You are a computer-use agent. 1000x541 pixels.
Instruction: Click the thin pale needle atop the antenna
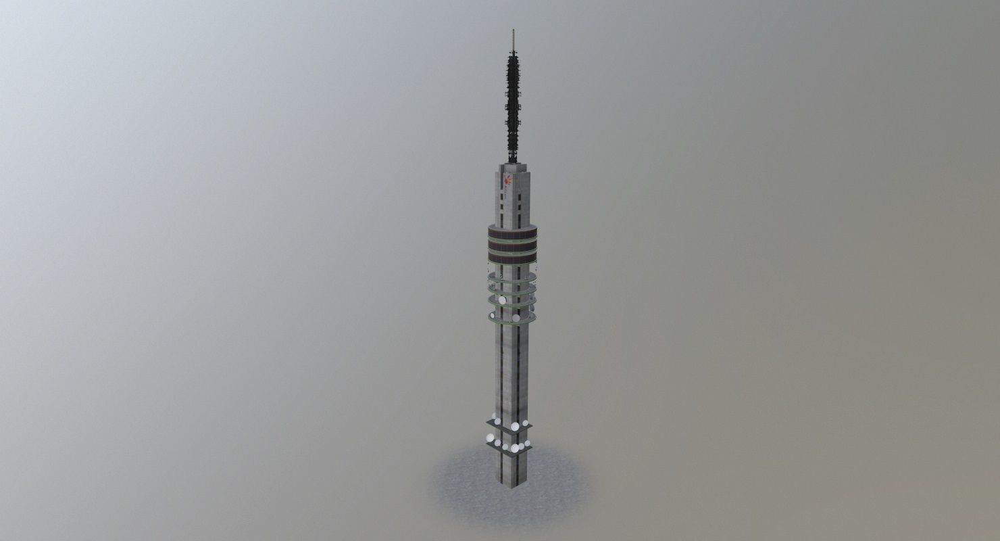click(513, 38)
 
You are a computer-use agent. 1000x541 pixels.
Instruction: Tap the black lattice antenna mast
click(513, 101)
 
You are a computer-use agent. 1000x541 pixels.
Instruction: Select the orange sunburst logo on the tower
click(507, 181)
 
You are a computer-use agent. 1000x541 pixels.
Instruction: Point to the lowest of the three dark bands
click(512, 261)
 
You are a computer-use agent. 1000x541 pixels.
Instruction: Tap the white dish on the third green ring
click(503, 300)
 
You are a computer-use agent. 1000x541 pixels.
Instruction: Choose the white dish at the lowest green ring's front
click(516, 319)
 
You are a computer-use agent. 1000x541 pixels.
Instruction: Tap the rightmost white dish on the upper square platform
click(525, 423)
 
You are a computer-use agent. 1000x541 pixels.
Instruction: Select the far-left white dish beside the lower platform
click(489, 438)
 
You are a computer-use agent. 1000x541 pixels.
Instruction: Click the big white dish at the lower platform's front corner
click(515, 448)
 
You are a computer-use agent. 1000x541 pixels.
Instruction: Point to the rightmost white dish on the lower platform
click(526, 444)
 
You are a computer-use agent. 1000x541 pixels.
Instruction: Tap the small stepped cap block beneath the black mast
click(512, 165)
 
